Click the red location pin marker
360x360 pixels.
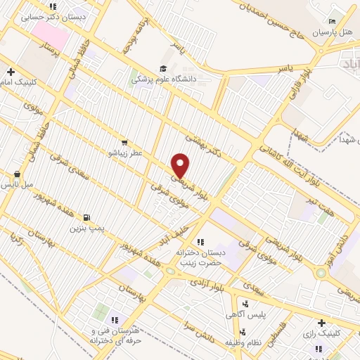pos(181,165)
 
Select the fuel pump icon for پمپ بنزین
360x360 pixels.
pos(87,217)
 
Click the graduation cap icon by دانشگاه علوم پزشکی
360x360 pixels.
pos(163,69)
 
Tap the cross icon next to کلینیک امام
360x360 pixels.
pos(11,72)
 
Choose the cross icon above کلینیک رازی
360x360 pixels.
pos(321,323)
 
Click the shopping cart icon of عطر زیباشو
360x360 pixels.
pos(124,142)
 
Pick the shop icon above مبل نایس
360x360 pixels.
pos(17,174)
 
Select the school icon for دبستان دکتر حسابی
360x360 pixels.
pos(52,7)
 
